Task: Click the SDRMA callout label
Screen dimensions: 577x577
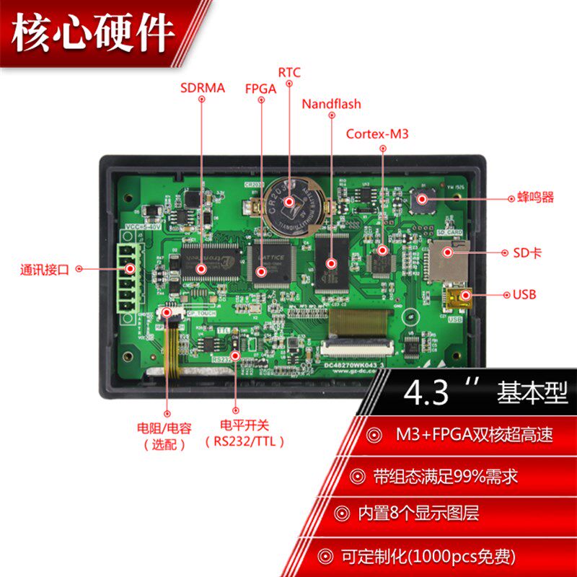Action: [203, 88]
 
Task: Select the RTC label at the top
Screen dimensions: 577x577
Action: [288, 72]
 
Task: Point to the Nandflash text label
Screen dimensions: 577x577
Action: [331, 105]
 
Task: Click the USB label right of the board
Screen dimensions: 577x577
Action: [524, 294]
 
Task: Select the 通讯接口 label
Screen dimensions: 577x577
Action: [45, 270]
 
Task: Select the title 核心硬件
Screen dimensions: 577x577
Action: [94, 32]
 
